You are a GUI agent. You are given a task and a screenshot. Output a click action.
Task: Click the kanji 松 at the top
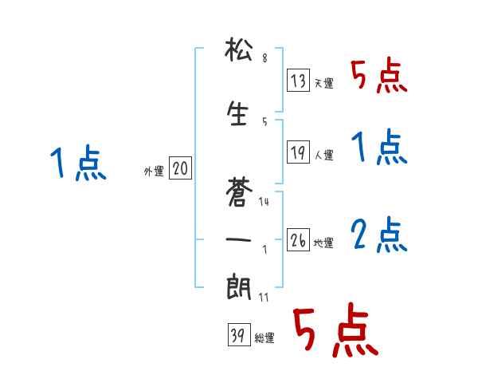click(x=239, y=53)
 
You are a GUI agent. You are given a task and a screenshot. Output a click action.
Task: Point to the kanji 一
click(x=239, y=237)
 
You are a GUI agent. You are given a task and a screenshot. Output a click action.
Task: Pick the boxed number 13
click(x=299, y=80)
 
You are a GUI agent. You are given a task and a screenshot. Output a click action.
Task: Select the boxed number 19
click(x=299, y=152)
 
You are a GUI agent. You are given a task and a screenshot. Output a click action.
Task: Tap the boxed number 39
click(x=238, y=335)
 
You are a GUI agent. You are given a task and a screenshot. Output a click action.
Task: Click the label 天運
click(x=323, y=83)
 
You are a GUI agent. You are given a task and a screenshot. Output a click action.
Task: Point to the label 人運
click(x=323, y=155)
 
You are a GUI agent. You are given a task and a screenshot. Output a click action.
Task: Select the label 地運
click(x=323, y=243)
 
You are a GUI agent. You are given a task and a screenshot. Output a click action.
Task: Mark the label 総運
click(x=264, y=338)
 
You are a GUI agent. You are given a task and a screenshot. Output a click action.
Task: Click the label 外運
click(x=153, y=171)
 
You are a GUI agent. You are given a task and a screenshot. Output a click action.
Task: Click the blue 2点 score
click(x=378, y=235)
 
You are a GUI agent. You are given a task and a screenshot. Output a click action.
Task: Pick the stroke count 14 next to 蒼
click(x=264, y=201)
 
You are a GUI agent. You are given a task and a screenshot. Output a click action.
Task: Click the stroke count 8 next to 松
click(x=264, y=59)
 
